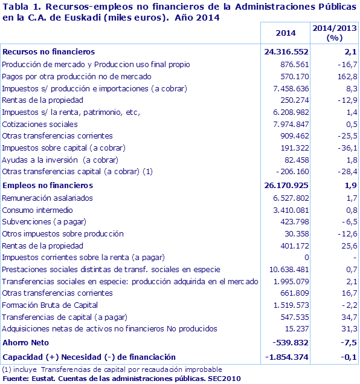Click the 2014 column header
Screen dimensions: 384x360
click(285, 33)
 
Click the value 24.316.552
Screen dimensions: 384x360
click(286, 52)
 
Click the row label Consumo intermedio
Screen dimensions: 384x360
click(37, 210)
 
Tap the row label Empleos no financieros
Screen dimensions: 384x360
click(48, 185)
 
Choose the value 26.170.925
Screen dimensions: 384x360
click(286, 185)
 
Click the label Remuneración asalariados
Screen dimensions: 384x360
click(48, 198)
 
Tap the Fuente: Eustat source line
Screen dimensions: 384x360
click(121, 378)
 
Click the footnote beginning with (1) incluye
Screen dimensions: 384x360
click(112, 369)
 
